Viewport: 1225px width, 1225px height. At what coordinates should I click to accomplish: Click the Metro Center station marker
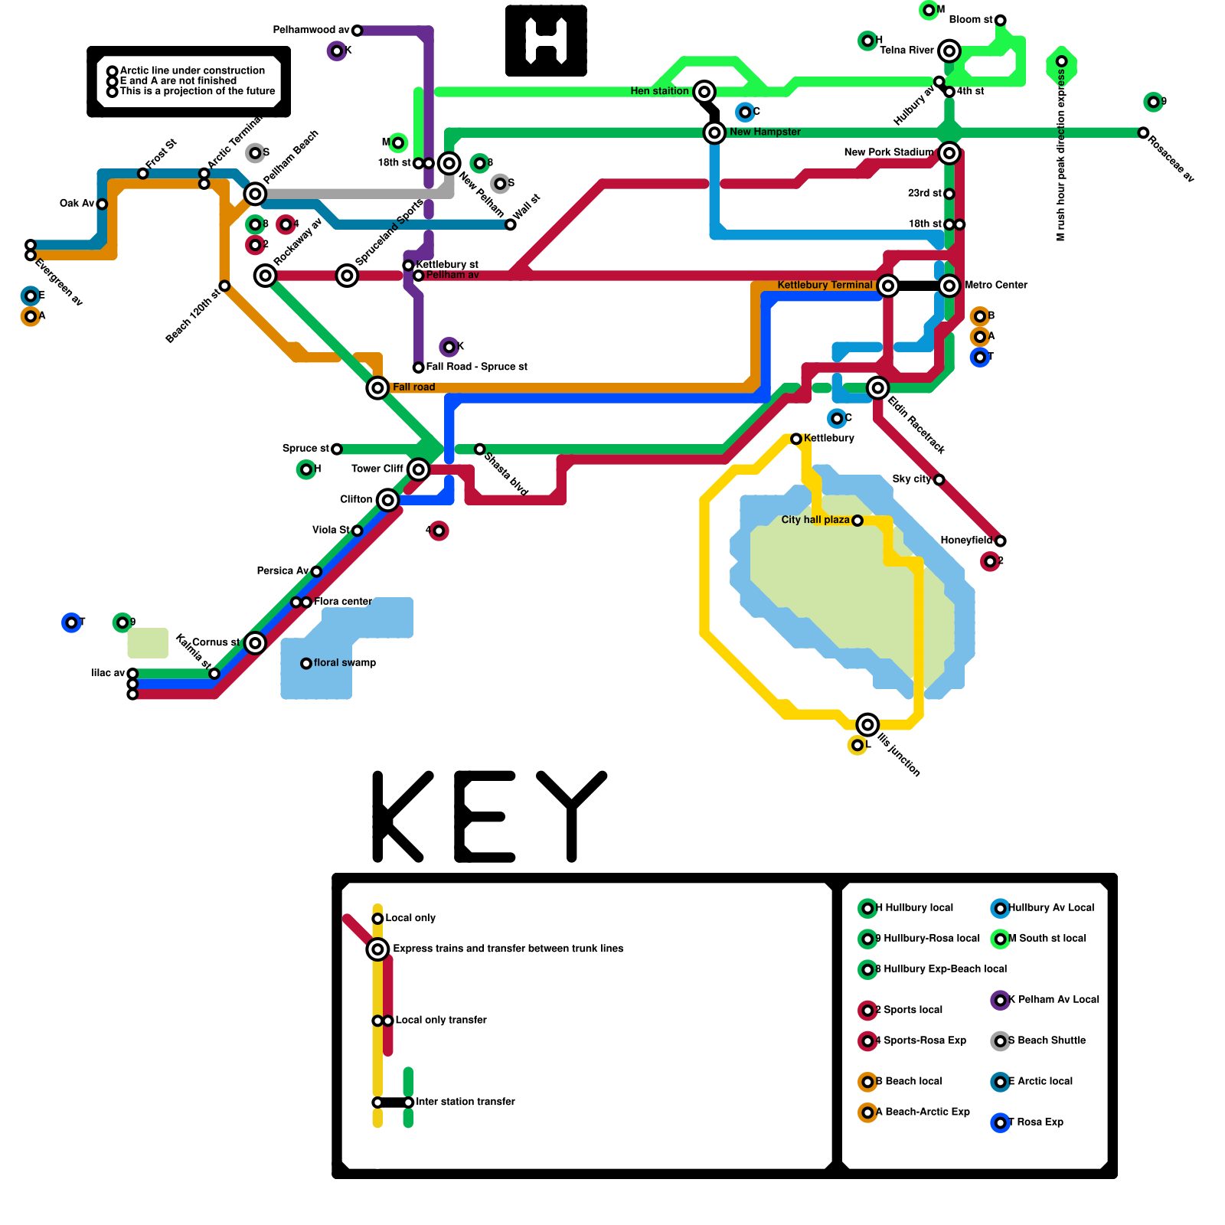949,286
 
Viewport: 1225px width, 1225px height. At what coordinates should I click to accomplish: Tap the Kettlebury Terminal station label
825,285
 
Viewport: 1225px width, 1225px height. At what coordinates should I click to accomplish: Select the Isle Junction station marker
867,724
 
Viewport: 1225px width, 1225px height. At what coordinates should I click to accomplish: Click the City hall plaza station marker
857,521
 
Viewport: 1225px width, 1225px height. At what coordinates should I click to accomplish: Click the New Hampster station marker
714,132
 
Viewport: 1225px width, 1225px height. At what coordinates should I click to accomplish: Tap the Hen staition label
659,91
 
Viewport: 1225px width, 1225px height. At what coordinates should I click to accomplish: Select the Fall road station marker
377,388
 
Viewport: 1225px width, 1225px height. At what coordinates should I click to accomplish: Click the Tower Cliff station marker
418,469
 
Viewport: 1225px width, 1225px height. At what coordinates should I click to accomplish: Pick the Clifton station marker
388,500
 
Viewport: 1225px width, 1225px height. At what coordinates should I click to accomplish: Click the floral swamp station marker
306,664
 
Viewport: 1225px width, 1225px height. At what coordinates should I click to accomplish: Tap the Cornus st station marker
255,643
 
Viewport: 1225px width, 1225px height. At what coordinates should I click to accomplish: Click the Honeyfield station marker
1000,541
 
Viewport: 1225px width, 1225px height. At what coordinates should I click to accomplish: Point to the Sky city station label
911,479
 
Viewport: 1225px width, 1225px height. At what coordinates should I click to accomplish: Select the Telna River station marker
949,51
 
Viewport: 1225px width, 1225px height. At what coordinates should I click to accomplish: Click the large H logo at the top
546,41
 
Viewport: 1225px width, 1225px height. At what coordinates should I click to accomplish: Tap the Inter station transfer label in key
465,1102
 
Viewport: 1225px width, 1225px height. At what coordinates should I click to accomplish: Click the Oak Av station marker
102,204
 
